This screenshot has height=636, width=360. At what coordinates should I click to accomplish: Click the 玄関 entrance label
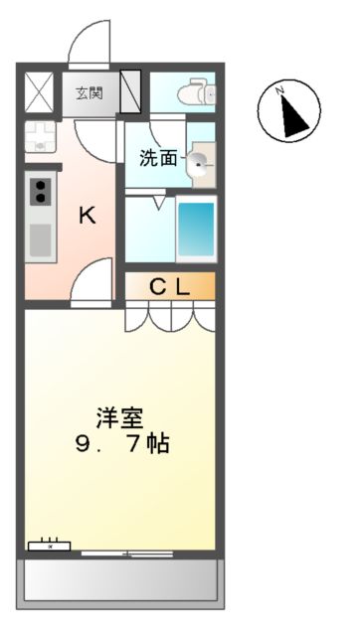[90, 94]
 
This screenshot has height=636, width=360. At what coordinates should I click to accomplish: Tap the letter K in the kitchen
[88, 215]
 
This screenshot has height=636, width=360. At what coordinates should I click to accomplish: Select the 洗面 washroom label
[158, 157]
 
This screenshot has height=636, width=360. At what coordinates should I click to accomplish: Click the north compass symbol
[289, 110]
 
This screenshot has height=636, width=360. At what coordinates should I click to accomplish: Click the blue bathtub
[195, 229]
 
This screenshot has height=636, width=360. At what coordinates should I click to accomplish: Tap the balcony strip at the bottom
[119, 578]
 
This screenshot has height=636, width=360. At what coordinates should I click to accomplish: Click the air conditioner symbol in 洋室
[49, 545]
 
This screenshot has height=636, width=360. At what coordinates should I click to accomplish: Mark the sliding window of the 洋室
[127, 552]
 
